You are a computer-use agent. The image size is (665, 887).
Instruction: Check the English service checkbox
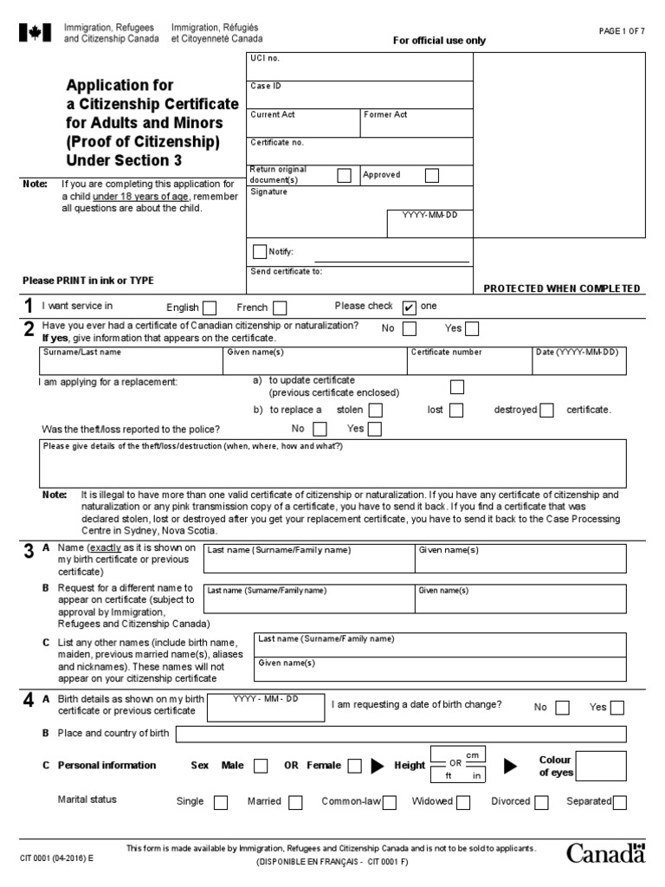point(210,308)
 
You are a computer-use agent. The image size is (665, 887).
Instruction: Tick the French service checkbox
point(280,308)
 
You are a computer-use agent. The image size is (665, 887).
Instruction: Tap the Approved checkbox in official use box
point(432,176)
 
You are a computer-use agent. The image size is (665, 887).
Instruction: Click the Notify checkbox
point(259,252)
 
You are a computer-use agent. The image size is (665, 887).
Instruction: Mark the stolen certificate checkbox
point(376,411)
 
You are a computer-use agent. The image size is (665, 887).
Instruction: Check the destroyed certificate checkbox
point(546,411)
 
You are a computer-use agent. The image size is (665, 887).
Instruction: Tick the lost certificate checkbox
point(455,411)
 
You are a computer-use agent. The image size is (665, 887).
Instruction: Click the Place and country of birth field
point(400,735)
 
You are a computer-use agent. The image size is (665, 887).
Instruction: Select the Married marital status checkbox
point(295,802)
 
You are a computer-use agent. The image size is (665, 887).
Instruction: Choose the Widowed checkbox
point(463,802)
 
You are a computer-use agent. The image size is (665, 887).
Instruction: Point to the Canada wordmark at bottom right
point(606,853)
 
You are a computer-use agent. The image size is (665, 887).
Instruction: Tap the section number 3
point(28,552)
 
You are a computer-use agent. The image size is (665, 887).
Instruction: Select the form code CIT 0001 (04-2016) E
point(57,854)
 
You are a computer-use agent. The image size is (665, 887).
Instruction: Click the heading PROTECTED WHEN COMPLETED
point(561,288)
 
